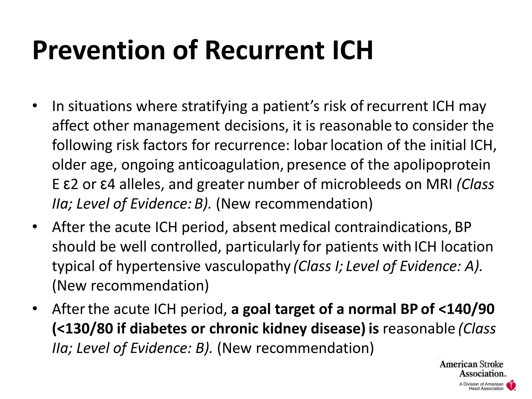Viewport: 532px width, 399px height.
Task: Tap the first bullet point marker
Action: [35, 106]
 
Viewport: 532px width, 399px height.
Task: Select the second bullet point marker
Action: [35, 227]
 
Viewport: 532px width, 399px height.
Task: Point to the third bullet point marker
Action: [35, 309]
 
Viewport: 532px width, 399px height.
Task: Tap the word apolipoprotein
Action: [442, 165]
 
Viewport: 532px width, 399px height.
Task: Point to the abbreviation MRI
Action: [439, 184]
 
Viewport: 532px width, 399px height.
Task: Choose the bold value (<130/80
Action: [83, 329]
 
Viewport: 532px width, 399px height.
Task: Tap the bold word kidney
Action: [285, 329]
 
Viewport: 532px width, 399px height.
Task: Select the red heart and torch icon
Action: [511, 385]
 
